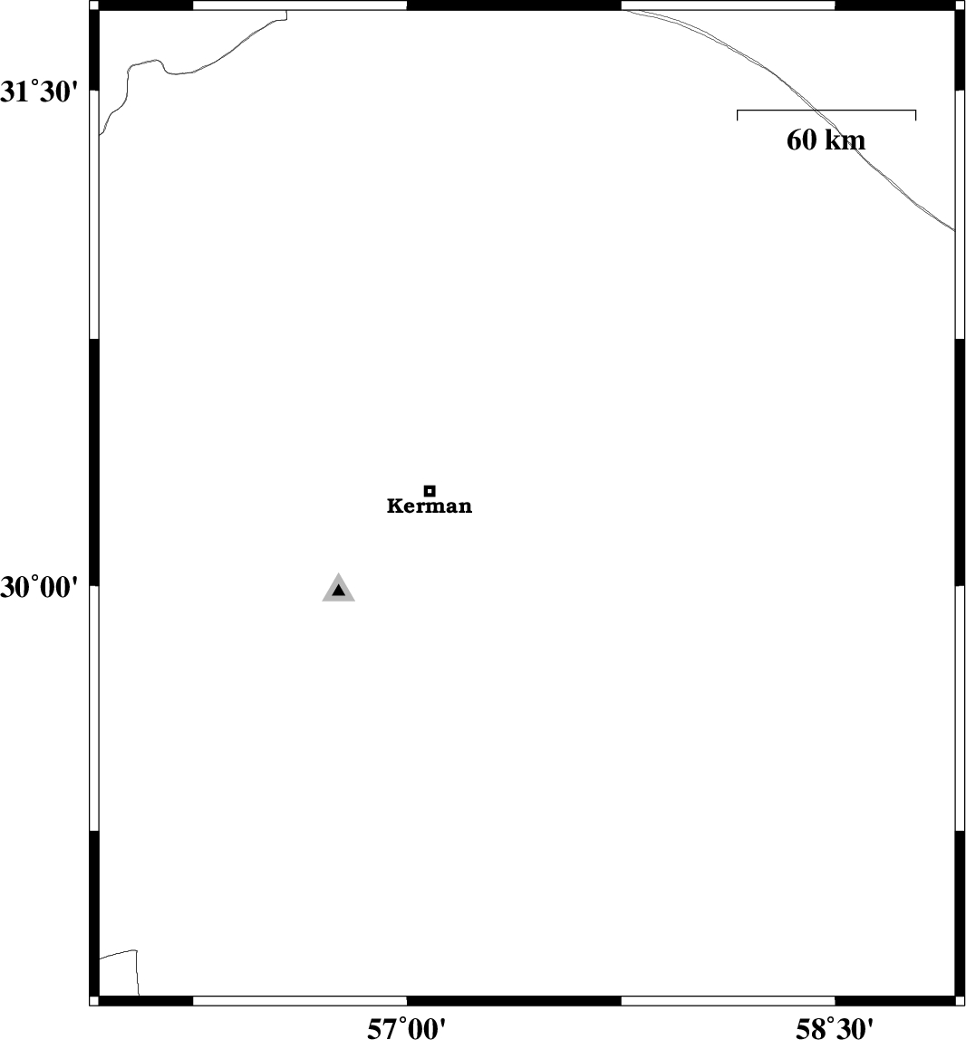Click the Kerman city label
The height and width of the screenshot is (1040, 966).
[x=430, y=506]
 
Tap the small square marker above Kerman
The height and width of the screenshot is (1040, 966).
[x=430, y=491]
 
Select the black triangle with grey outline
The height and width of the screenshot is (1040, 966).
[x=338, y=588]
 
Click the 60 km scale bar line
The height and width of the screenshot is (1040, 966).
[x=826, y=111]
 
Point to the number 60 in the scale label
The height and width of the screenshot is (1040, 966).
[x=801, y=140]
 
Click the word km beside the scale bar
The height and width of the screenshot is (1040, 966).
[x=845, y=140]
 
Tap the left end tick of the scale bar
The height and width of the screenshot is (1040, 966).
[x=737, y=115]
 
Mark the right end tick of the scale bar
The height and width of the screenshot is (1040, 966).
[x=915, y=115]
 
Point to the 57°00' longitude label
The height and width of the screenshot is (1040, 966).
[x=407, y=1029]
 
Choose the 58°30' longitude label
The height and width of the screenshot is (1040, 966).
[x=835, y=1029]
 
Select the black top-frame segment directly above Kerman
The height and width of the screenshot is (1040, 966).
[x=514, y=5]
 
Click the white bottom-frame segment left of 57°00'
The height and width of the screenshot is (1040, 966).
[x=300, y=1001]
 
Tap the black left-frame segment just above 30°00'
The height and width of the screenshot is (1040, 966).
[x=93, y=462]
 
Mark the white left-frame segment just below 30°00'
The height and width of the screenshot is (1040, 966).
[x=93, y=708]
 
